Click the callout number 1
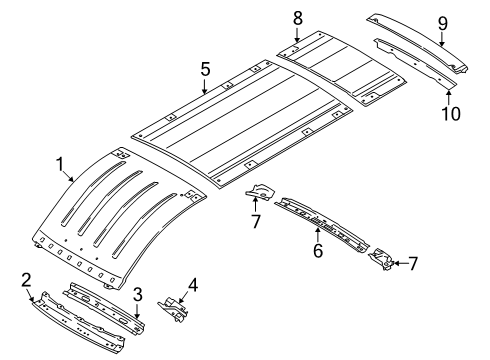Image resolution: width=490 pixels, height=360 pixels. (59, 163)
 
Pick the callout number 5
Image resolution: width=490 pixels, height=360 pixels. (204, 70)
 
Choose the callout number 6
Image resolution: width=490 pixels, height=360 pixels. (317, 252)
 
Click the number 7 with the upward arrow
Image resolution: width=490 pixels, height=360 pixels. (256, 219)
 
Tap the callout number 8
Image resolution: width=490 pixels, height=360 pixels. (297, 17)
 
